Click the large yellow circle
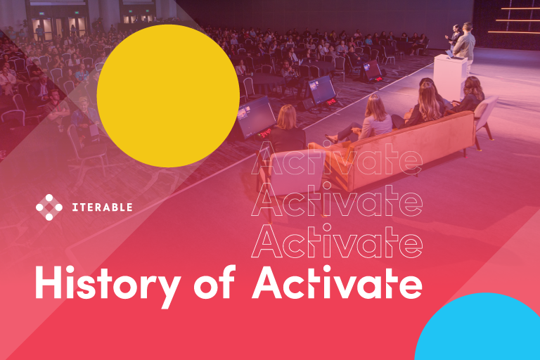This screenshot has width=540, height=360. point(167,96)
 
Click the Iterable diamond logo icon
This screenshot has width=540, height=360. point(49,207)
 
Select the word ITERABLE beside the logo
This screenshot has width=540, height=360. point(102,207)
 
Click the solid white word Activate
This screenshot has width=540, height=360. point(337,283)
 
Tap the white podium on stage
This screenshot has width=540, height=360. point(450,76)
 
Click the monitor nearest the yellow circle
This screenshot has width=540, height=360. point(256,116)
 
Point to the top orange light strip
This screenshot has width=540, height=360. point(520,8)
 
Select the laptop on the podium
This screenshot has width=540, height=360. point(449,53)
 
